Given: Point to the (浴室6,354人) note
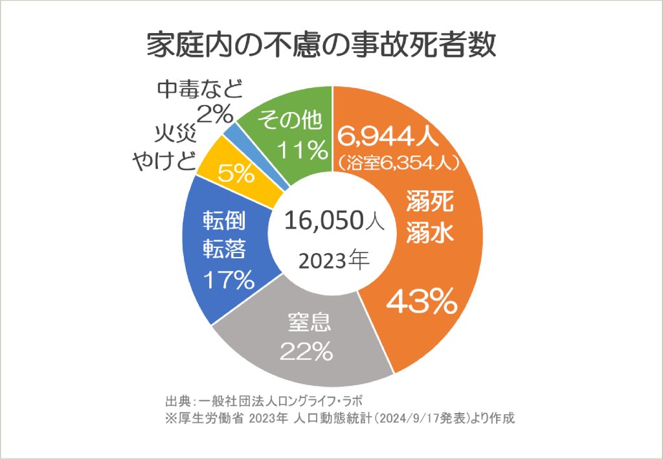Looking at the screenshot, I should (398, 161).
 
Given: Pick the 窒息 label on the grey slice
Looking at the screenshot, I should (309, 321).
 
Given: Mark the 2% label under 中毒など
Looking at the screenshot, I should (214, 115).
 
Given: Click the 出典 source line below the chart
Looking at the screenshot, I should (269, 397).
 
